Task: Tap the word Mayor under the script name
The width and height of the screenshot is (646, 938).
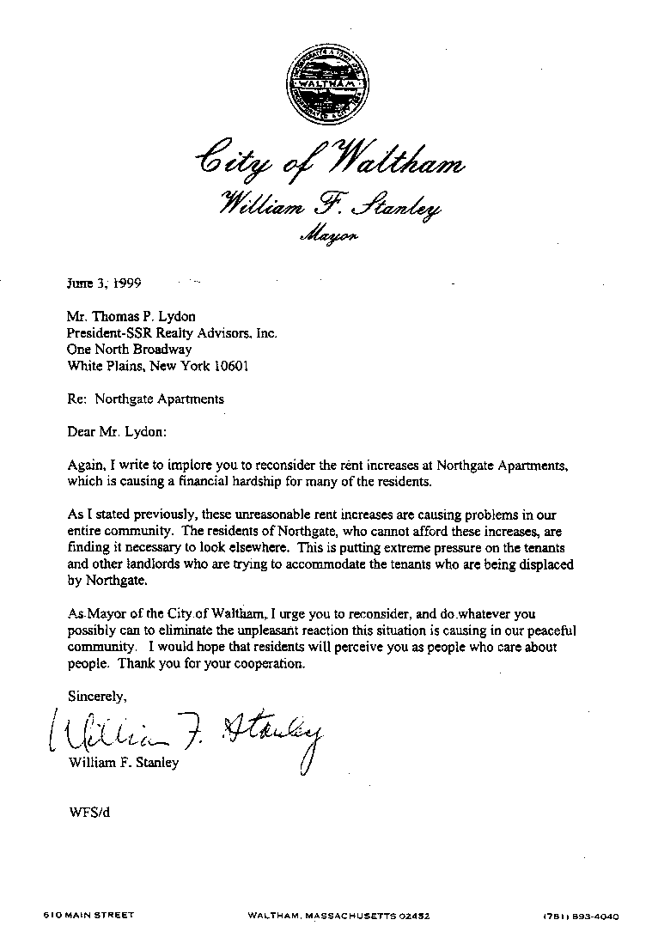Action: point(327,233)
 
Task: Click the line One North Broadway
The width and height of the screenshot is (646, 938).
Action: point(129,350)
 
